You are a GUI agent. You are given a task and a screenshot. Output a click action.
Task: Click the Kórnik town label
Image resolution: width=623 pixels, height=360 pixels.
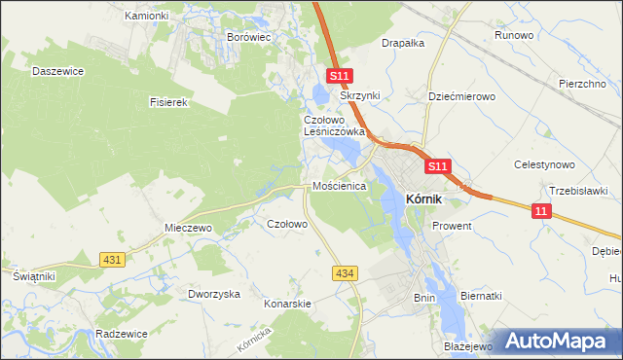click(423, 198)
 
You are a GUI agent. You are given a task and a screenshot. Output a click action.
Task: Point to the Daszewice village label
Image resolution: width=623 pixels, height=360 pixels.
click(55, 71)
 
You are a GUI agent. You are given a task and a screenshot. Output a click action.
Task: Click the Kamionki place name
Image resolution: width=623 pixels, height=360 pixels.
click(148, 16)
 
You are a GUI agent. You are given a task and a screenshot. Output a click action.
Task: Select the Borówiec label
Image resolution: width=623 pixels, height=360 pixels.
click(248, 36)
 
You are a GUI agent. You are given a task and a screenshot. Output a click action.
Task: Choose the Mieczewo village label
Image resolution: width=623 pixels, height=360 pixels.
click(188, 228)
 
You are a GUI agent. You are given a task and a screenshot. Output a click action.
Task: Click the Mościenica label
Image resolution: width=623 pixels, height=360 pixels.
click(338, 185)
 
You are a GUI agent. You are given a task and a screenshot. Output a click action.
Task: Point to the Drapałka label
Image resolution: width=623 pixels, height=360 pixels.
click(403, 43)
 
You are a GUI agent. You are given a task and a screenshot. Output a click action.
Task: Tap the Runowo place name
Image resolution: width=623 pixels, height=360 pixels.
click(514, 35)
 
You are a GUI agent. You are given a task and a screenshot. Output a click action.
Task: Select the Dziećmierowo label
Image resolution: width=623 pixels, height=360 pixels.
click(462, 96)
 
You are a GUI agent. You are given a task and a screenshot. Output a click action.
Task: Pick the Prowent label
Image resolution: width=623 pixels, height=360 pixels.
click(453, 226)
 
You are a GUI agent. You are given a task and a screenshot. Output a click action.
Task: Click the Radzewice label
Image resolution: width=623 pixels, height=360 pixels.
click(122, 333)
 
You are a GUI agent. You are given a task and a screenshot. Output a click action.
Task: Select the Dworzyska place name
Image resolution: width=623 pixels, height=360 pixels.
click(214, 294)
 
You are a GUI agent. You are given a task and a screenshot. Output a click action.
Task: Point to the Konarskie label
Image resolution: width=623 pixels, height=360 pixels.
click(287, 304)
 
